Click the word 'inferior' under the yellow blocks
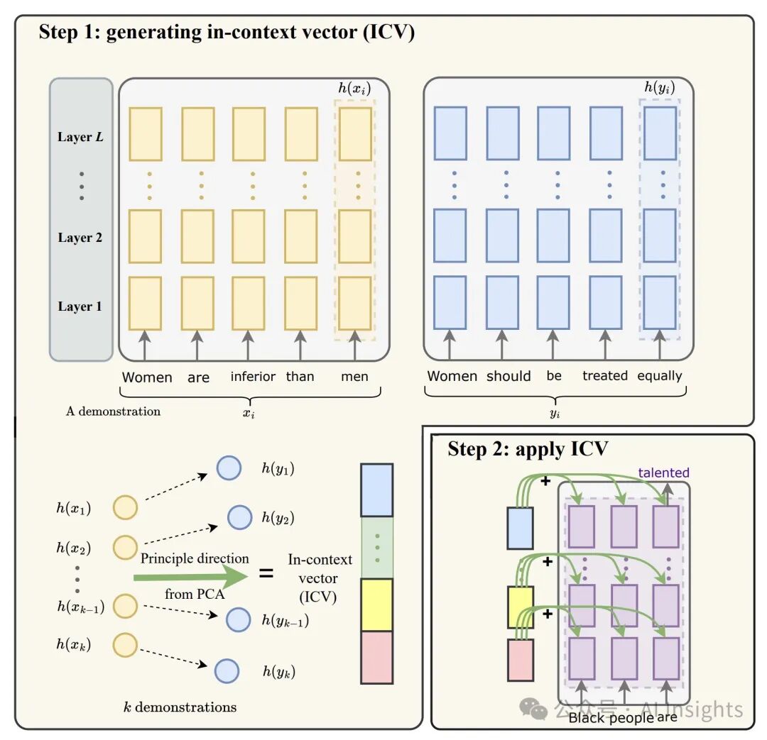pyautogui.click(x=253, y=376)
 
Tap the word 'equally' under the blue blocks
pyautogui.click(x=659, y=376)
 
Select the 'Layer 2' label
pyautogui.click(x=80, y=238)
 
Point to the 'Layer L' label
pyautogui.click(x=80, y=137)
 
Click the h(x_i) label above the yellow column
pyautogui.click(x=354, y=89)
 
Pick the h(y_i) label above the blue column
pyautogui.click(x=659, y=87)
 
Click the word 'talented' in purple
pyautogui.click(x=664, y=473)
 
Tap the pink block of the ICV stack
pyautogui.click(x=376, y=657)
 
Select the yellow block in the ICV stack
pyautogui.click(x=376, y=604)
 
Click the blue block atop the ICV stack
pyautogui.click(x=376, y=490)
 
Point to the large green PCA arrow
pyautogui.click(x=191, y=578)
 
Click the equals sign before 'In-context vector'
pyautogui.click(x=266, y=573)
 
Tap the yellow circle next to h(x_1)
pyautogui.click(x=125, y=507)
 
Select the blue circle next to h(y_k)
pyautogui.click(x=227, y=670)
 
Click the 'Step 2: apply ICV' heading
pyautogui.click(x=528, y=448)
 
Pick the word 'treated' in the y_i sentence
pyautogui.click(x=605, y=375)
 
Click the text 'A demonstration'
pyautogui.click(x=113, y=411)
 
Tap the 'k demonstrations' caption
pyautogui.click(x=180, y=707)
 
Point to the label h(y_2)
pyautogui.click(x=278, y=518)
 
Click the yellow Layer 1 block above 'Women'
pyautogui.click(x=146, y=304)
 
